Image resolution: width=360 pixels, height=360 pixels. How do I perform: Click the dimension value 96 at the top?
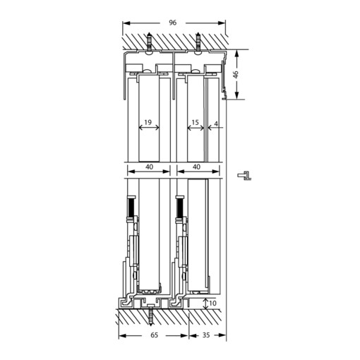click(x=173, y=23)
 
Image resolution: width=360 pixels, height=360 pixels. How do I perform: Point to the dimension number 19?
click(x=148, y=123)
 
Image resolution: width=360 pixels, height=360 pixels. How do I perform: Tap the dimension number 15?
click(x=195, y=123)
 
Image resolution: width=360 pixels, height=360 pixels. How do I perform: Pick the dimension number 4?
click(x=216, y=123)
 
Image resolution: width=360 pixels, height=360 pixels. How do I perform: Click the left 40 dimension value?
click(x=148, y=167)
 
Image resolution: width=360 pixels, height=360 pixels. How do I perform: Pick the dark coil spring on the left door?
click(x=131, y=208)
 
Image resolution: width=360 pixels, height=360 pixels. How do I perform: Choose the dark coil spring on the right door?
click(x=180, y=208)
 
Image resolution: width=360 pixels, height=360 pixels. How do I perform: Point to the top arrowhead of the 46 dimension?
click(x=237, y=52)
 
